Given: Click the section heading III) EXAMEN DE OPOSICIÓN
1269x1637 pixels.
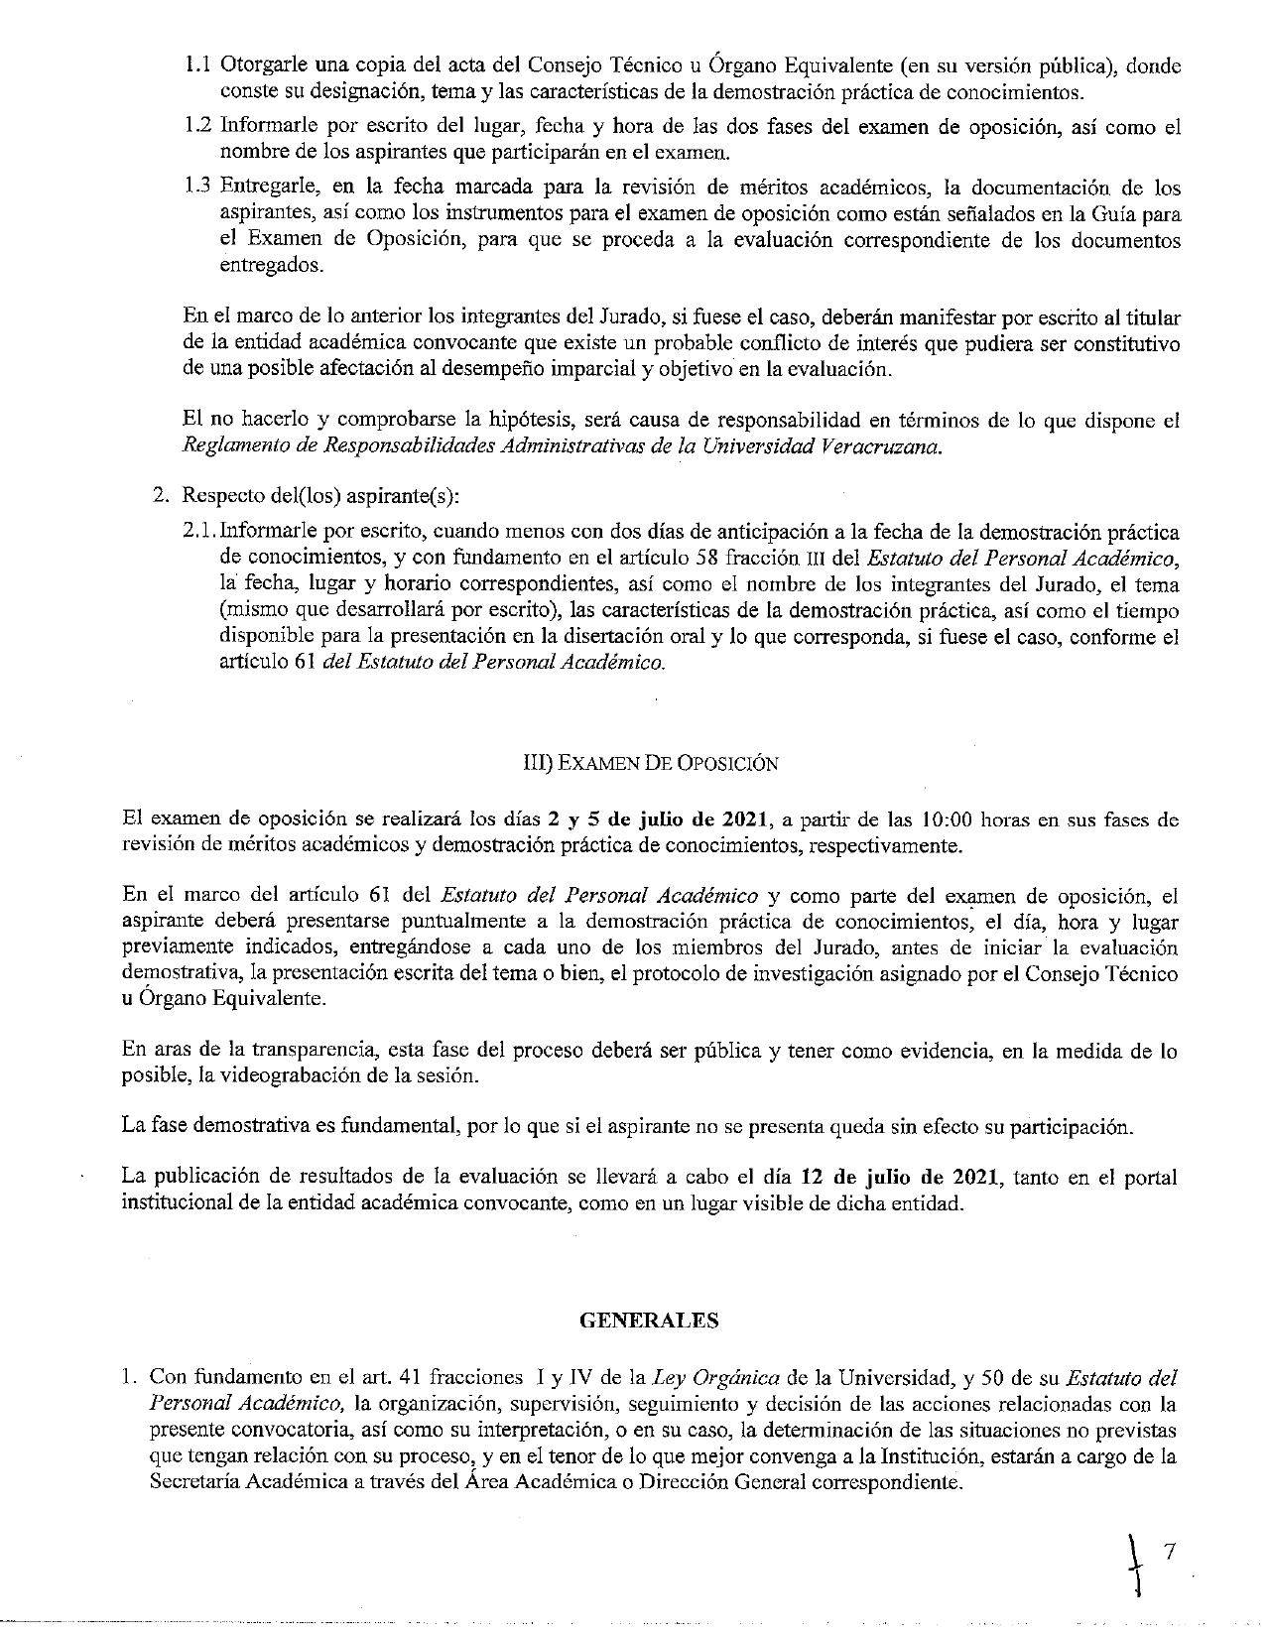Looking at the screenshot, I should point(650,763).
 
